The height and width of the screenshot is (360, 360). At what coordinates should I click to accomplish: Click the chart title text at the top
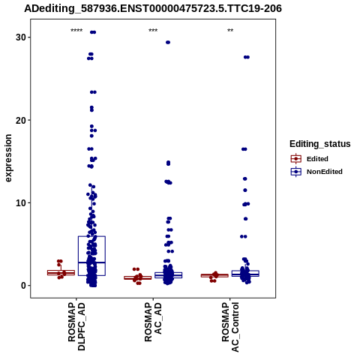153,8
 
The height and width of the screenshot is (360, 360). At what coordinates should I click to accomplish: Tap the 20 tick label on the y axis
21,120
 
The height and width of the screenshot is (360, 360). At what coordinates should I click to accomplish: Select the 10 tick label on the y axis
21,203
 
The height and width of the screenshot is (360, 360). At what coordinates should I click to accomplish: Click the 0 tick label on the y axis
23,286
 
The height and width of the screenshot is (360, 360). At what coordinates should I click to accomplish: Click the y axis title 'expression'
8,158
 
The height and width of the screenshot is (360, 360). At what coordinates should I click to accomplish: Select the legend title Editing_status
320,144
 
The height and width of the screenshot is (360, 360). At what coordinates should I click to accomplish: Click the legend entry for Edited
310,159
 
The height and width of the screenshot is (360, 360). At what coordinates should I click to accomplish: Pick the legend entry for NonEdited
316,172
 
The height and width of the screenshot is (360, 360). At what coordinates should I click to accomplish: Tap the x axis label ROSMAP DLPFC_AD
76,326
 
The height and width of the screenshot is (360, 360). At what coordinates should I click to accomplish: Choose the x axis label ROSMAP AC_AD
153,322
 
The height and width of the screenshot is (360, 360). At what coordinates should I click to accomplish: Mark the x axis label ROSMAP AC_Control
230,327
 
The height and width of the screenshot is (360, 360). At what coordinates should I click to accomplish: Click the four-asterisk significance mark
76,31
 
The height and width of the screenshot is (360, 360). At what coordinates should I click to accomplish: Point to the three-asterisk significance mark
153,31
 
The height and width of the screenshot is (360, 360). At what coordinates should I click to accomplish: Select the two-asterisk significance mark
230,31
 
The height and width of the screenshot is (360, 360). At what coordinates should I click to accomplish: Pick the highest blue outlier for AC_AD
168,43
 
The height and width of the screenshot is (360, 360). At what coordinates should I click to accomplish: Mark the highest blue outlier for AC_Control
247,57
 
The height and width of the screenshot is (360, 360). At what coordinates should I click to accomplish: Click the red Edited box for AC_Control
214,274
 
